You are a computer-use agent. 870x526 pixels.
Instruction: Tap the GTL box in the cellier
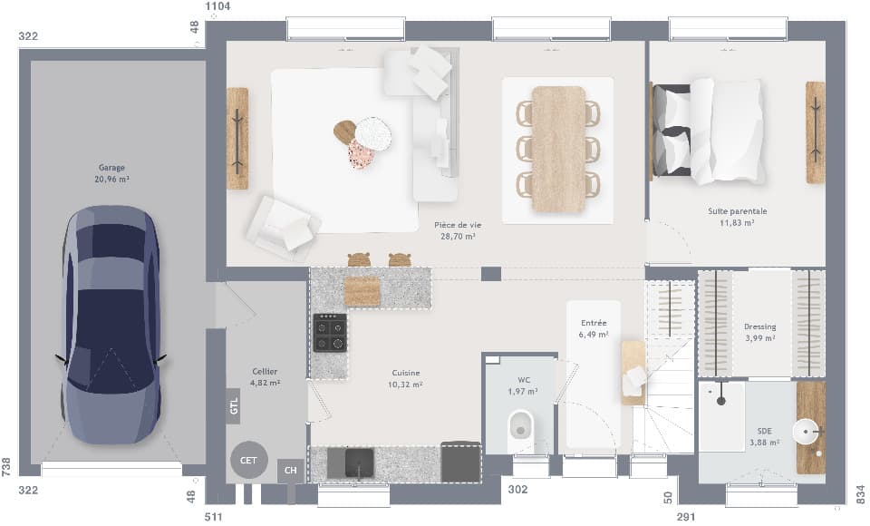click(x=234, y=405)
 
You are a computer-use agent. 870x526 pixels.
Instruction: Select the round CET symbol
click(x=247, y=460)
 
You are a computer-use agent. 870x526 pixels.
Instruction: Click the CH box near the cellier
click(x=290, y=470)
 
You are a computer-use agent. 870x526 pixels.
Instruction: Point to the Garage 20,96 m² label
click(x=112, y=173)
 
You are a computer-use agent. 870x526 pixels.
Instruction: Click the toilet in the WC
click(x=521, y=425)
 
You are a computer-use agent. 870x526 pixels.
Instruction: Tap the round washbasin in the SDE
click(x=805, y=431)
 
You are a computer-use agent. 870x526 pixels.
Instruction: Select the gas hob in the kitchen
click(x=330, y=333)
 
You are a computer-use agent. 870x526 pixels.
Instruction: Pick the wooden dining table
click(x=558, y=149)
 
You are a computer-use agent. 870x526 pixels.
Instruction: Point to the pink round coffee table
click(x=361, y=154)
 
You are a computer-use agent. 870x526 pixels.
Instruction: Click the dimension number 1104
click(x=218, y=6)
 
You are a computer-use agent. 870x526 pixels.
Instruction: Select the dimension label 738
click(x=6, y=466)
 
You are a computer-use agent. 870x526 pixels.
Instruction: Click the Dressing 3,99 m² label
click(x=759, y=332)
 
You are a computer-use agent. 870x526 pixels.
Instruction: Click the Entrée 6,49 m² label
click(x=594, y=328)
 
